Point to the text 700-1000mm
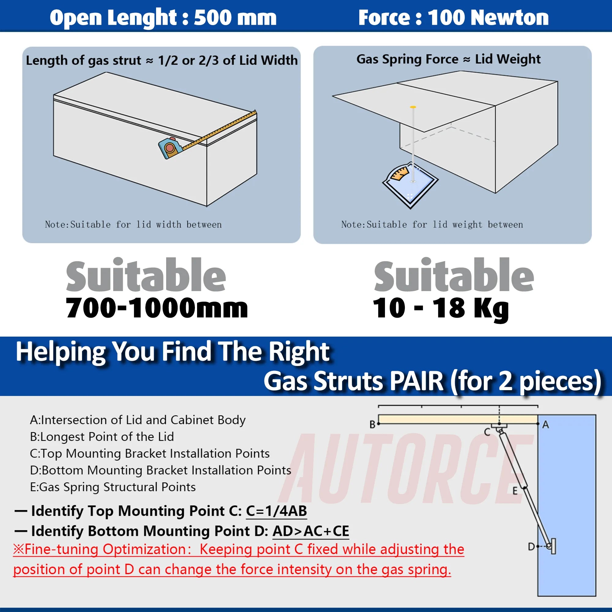pyautogui.click(x=157, y=308)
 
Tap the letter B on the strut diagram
pyautogui.click(x=372, y=424)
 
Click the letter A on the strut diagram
pyautogui.click(x=546, y=424)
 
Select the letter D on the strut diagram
pyautogui.click(x=531, y=547)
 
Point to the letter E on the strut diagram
pyautogui.click(x=515, y=491)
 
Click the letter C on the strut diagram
pyautogui.click(x=487, y=432)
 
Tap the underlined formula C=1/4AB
pyautogui.click(x=276, y=511)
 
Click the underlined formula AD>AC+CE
pyautogui.click(x=310, y=531)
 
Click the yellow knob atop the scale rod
pyautogui.click(x=413, y=107)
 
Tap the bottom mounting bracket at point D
pyautogui.click(x=552, y=546)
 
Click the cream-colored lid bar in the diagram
pyautogui.click(x=458, y=419)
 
